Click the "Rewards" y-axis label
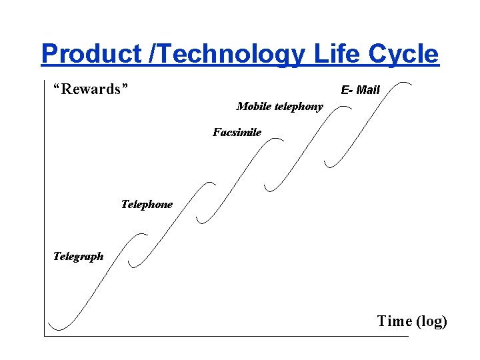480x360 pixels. coord(90,89)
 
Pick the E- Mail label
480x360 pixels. coord(360,90)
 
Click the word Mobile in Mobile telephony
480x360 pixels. coord(253,106)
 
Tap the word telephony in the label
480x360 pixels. coord(297,106)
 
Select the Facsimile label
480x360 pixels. coord(237,132)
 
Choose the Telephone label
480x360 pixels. coord(146,204)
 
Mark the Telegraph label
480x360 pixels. coord(78,256)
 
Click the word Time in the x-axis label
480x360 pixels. coord(394,321)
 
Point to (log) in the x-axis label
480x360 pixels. coord(431,321)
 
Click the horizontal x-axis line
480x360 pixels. coord(227,336)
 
